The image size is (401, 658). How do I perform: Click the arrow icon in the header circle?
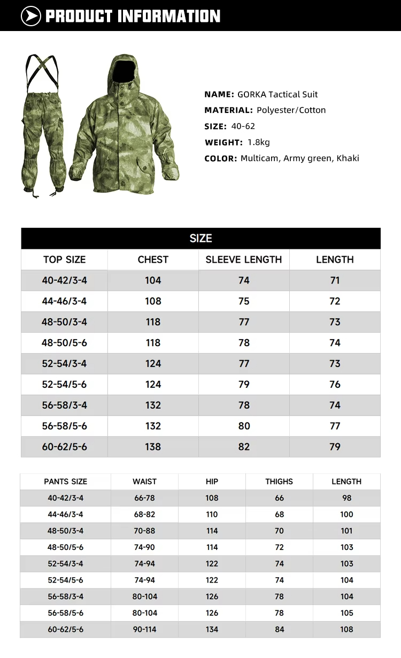click(x=31, y=16)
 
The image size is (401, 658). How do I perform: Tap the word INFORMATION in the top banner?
click(x=169, y=16)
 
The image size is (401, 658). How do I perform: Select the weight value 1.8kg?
click(x=259, y=142)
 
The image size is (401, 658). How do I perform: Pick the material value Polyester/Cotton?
click(x=291, y=110)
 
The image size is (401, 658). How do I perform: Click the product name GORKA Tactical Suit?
click(x=277, y=94)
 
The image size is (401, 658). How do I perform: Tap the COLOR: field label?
click(x=220, y=158)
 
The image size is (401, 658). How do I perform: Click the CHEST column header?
click(x=153, y=259)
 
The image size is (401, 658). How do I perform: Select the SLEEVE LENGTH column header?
click(x=244, y=259)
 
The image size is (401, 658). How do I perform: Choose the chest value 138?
click(x=153, y=447)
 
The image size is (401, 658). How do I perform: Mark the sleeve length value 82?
click(x=244, y=447)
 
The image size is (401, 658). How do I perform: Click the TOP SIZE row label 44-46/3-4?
click(x=64, y=301)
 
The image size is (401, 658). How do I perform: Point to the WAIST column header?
click(x=145, y=481)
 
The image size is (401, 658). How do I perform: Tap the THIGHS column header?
click(x=279, y=481)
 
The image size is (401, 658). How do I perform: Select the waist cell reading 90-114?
click(x=145, y=629)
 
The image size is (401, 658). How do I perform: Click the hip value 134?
click(x=212, y=629)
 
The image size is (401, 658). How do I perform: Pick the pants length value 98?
click(x=346, y=498)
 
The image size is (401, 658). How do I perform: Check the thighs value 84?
click(x=279, y=629)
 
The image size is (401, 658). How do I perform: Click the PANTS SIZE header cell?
click(x=65, y=481)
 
